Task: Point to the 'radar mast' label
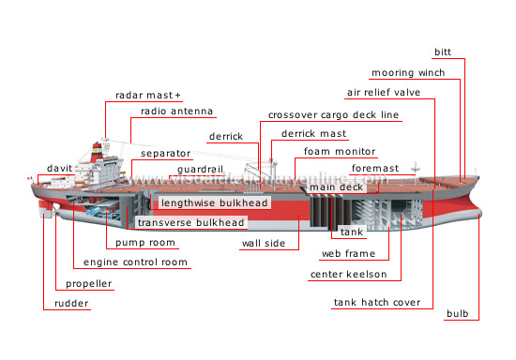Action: [148, 96]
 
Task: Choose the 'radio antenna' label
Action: [177, 112]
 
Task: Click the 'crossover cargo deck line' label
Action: [333, 114]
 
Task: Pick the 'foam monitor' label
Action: [341, 151]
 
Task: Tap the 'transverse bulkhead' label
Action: [191, 223]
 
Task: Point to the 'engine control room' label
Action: [134, 262]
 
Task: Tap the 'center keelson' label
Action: [348, 275]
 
